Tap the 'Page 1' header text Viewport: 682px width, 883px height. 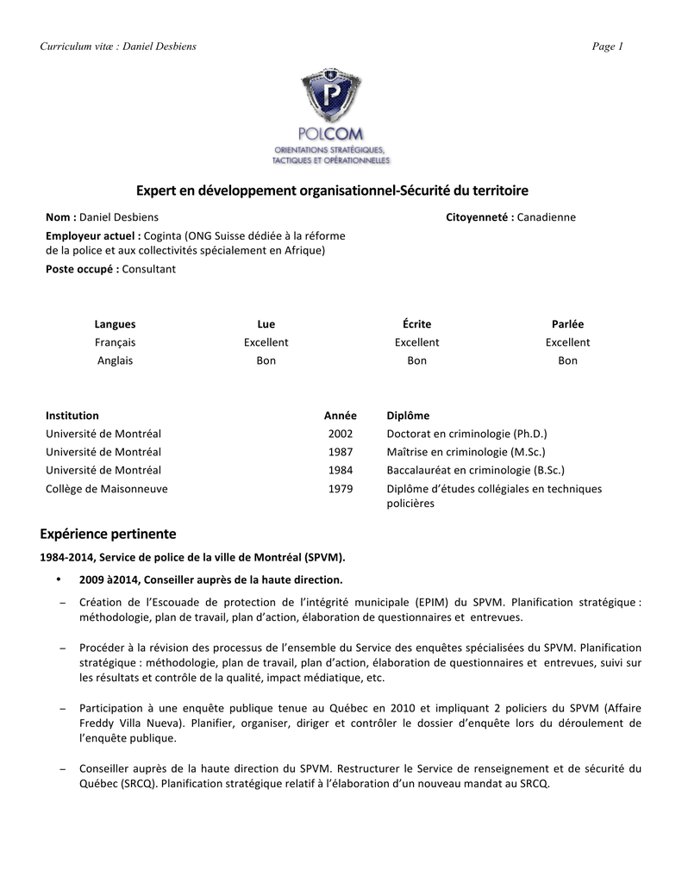(607, 47)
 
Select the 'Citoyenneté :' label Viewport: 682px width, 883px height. (479, 217)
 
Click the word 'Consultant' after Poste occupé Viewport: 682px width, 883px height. (149, 269)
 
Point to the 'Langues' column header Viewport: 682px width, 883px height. (115, 324)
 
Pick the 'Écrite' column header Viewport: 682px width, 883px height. (416, 324)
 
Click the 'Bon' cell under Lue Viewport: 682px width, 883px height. (266, 360)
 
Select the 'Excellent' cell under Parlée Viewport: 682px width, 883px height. (567, 342)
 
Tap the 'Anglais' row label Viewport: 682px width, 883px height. (115, 360)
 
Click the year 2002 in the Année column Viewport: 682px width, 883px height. (341, 434)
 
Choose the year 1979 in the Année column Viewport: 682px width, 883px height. (341, 489)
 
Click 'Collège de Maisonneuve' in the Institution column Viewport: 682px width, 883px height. (107, 489)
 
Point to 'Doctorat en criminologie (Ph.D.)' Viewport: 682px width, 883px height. (466, 434)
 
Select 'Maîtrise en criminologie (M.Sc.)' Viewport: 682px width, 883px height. (466, 452)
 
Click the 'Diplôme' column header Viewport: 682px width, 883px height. (408, 416)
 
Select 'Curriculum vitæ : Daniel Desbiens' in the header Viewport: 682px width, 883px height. (118, 47)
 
